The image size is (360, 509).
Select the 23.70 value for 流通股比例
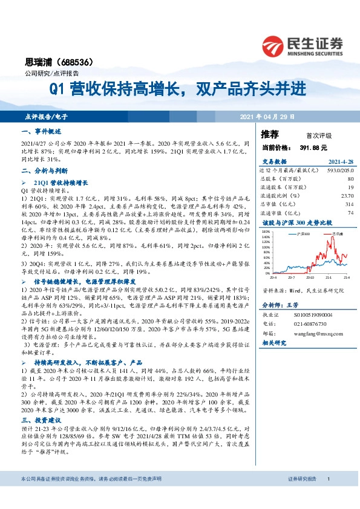click(347, 196)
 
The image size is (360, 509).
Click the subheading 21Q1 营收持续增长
click(61, 182)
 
